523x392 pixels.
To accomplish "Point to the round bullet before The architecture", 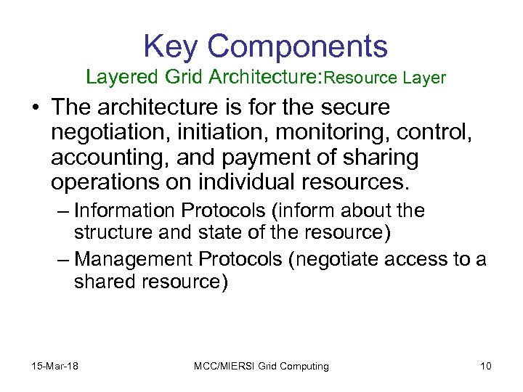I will tap(36, 108).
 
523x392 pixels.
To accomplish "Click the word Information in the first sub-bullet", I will tap(124, 211).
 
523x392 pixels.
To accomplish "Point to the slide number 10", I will tap(485, 366).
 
